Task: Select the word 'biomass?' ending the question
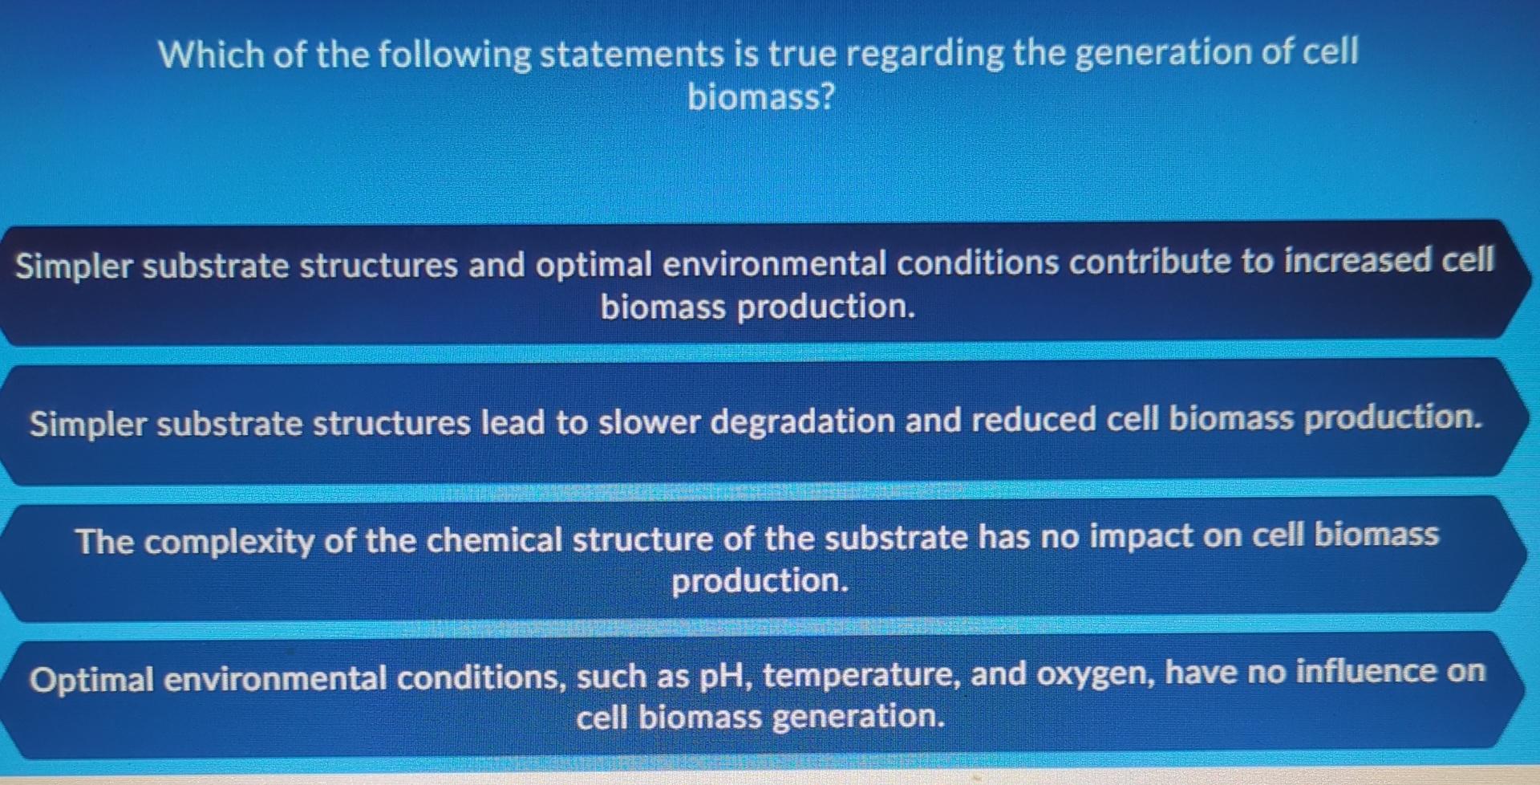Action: (x=761, y=98)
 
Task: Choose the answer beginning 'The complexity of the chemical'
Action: (x=758, y=558)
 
